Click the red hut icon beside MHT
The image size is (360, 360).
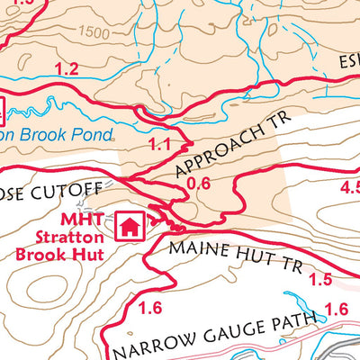click(x=130, y=224)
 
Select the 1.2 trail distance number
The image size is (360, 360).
click(x=67, y=68)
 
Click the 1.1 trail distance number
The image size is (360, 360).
click(x=159, y=144)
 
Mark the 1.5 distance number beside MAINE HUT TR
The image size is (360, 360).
click(x=320, y=281)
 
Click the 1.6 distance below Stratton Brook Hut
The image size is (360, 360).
click(x=150, y=308)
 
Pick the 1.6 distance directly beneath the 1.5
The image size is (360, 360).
click(x=335, y=310)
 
